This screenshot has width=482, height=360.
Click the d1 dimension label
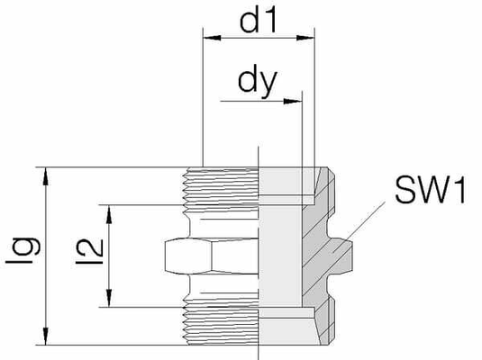point(259,21)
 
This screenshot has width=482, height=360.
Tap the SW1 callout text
point(431,191)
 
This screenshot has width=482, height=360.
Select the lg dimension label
point(23,250)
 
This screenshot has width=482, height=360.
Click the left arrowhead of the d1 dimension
point(212,38)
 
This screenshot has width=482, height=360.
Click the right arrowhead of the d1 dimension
point(305,38)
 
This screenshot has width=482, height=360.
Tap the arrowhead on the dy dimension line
point(292,101)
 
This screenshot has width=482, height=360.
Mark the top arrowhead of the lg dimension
point(46,176)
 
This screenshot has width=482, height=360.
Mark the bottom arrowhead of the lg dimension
point(46,336)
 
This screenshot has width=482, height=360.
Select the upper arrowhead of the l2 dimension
point(109,214)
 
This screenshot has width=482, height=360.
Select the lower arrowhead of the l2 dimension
point(109,298)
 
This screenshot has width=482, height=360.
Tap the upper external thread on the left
point(220,186)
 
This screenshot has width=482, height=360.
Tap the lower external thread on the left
point(220,326)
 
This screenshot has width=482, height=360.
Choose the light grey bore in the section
point(280,256)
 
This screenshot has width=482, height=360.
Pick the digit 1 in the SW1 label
point(459,191)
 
